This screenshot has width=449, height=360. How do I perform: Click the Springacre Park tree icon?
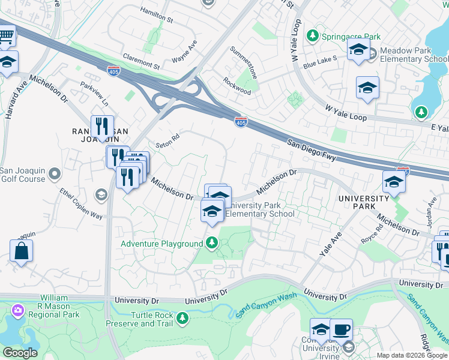(312, 36)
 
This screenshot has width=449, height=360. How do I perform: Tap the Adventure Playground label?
(162, 244)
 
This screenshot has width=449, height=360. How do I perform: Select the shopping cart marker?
(6, 37)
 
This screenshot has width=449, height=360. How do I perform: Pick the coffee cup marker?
(342, 329)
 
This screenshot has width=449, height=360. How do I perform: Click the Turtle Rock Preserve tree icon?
(182, 318)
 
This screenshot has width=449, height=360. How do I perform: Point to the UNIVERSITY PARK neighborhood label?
(363, 203)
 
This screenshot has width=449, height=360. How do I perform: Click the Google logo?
(20, 353)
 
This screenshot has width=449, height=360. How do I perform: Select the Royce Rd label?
(370, 238)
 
